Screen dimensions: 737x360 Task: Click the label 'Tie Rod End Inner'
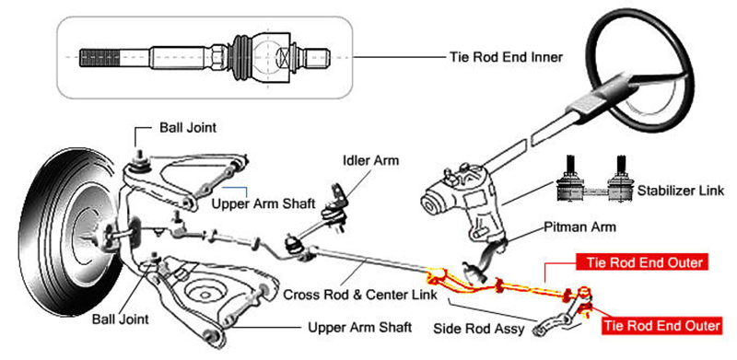tap(506, 57)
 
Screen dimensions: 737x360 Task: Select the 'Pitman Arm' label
tap(580, 227)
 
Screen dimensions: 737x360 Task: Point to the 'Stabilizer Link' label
tap(681, 191)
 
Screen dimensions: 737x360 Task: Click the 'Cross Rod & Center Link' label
tap(360, 295)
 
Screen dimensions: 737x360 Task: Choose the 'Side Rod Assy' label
tap(478, 329)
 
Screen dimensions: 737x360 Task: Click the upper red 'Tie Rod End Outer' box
tap(641, 262)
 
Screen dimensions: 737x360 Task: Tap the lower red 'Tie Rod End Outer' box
tap(661, 326)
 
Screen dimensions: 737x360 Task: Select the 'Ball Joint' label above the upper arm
tap(188, 127)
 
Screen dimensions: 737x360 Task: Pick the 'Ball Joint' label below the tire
tap(121, 319)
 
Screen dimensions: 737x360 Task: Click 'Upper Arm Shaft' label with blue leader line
tap(263, 204)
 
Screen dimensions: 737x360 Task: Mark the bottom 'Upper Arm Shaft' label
tap(360, 327)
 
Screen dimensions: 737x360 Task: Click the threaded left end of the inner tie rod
tap(99, 57)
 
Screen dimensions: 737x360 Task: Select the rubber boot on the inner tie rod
tap(243, 57)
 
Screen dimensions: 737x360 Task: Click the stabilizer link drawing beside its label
tap(593, 183)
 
